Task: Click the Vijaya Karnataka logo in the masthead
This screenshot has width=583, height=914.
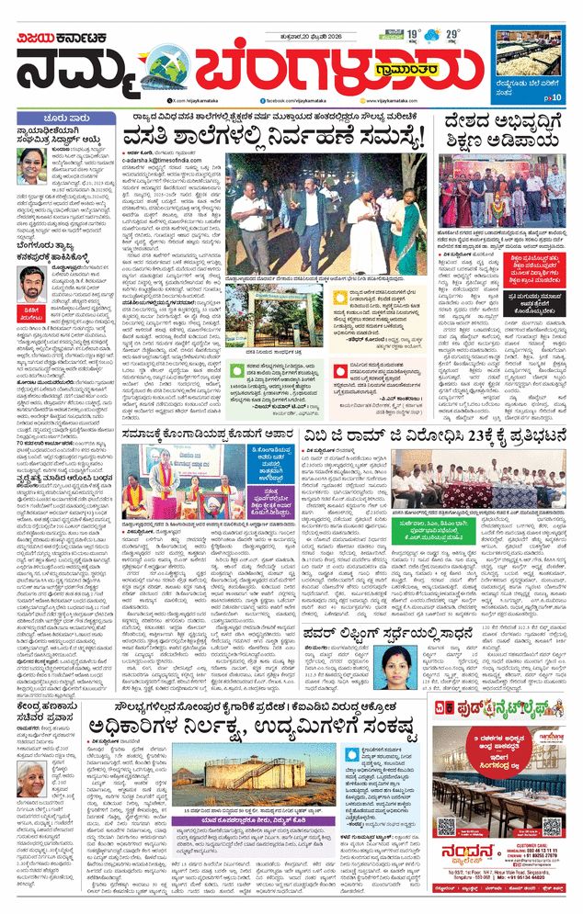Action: pyautogui.click(x=67, y=38)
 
